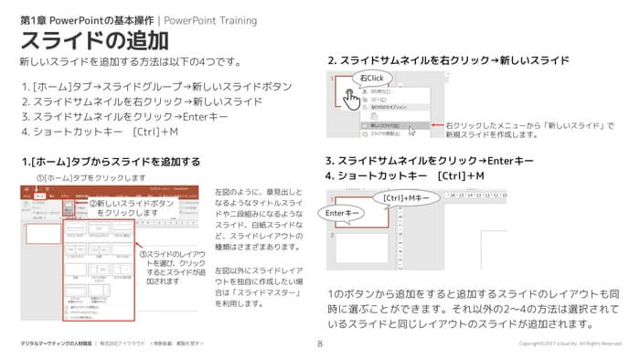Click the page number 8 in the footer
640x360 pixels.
(320, 344)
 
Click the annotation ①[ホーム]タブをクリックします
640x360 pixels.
(91, 178)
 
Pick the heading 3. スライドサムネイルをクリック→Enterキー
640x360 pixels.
(430, 160)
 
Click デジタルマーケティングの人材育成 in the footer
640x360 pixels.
(56, 344)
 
